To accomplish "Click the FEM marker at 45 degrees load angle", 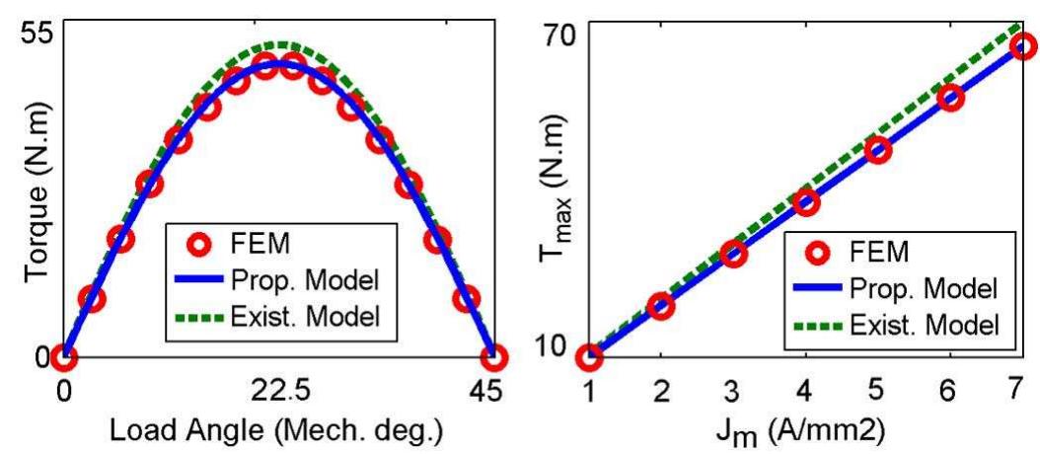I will (x=494, y=356).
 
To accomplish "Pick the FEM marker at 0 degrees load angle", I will (x=64, y=356).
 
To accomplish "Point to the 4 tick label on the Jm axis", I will (x=805, y=392).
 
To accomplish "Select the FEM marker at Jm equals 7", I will (x=1023, y=46).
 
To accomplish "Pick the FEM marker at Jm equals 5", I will (x=878, y=150).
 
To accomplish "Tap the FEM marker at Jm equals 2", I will (x=661, y=306).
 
